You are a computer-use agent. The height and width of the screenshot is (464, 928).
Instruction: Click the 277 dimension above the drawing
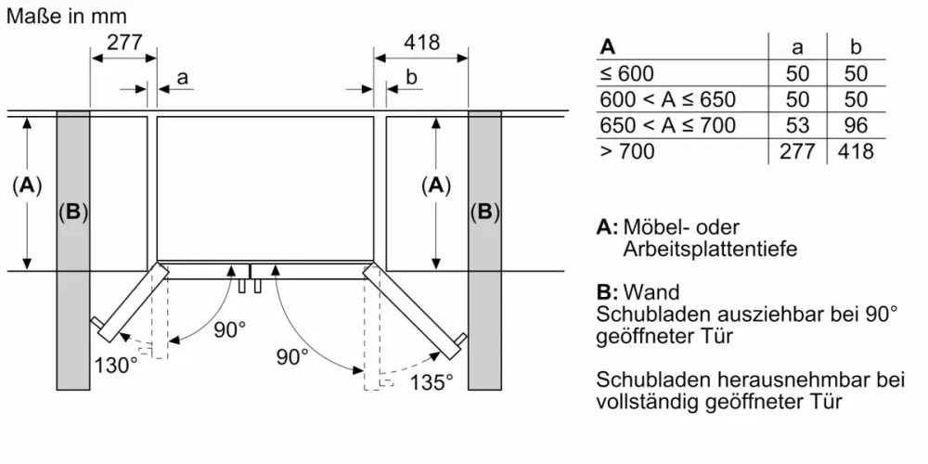pos(124,42)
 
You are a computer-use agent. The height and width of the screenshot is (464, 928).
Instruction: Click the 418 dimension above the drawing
pos(421,42)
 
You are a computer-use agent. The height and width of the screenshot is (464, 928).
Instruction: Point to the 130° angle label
pos(114,365)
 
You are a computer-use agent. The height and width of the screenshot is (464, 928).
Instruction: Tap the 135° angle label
pos(431,380)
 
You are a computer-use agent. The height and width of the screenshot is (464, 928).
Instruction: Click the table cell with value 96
pos(856,125)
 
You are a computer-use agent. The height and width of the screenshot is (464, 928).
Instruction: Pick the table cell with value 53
pos(797,125)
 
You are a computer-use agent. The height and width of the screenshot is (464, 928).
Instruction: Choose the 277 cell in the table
pos(797,151)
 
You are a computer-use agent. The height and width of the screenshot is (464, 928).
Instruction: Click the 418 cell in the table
pos(856,151)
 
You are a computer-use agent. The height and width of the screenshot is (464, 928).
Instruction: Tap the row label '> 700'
pos(627,151)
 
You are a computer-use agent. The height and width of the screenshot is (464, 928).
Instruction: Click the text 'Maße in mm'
pos(66,15)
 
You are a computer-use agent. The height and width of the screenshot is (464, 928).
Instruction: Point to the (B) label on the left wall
pos(73,213)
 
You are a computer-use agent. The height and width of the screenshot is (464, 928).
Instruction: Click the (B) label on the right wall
pos(483,213)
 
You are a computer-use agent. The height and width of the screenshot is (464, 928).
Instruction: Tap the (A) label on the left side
pos(28,186)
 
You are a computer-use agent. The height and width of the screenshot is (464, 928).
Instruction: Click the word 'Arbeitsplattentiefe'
pos(710,249)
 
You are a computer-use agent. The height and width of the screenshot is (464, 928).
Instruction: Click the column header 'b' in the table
pos(856,47)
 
